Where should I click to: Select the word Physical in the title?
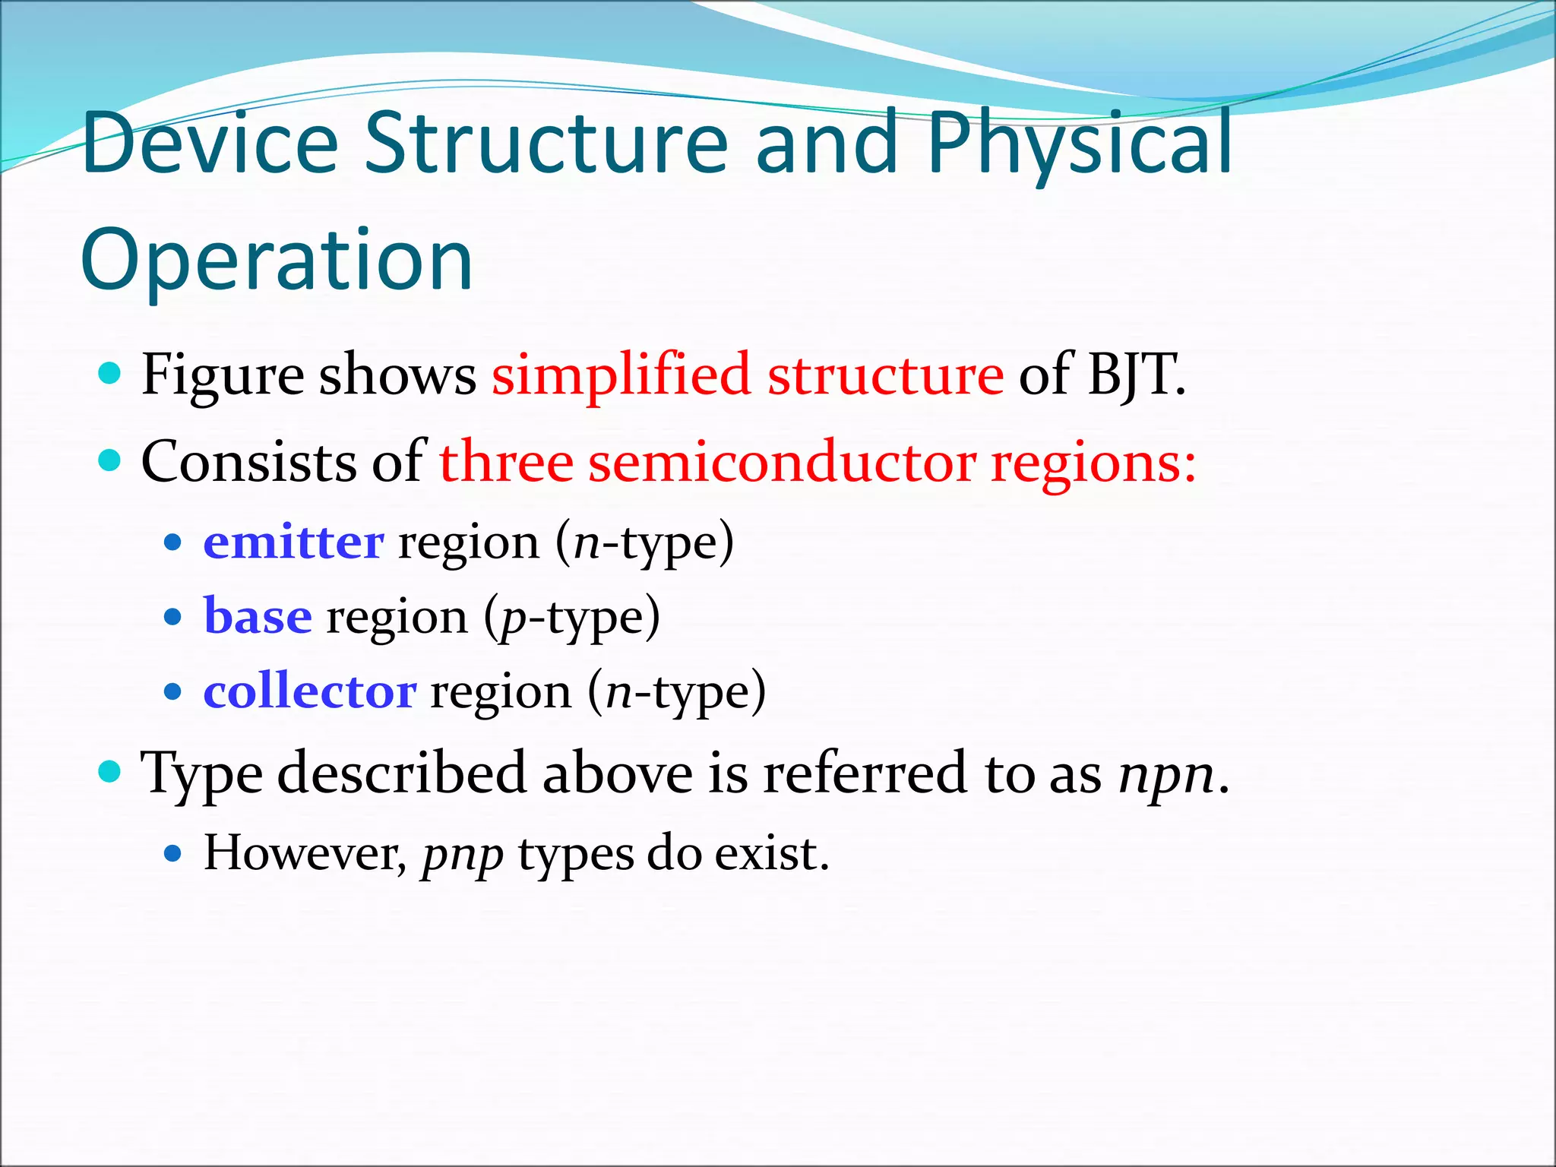[x=1079, y=144]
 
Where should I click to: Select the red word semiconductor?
[x=782, y=463]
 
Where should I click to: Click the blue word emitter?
[x=293, y=542]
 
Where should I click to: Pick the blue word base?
[x=258, y=616]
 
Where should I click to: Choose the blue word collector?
[x=309, y=691]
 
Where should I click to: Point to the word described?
[x=401, y=773]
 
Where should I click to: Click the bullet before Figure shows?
[x=110, y=374]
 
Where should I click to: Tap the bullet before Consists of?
[x=110, y=460]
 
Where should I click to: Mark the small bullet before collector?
[x=173, y=691]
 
